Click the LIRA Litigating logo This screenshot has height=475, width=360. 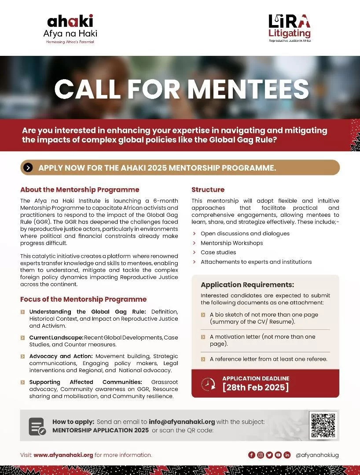point(290,28)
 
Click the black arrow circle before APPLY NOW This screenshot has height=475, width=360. point(28,168)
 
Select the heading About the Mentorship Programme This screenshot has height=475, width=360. point(80,190)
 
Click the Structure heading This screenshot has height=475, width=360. point(208,190)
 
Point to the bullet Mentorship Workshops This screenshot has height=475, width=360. point(231,243)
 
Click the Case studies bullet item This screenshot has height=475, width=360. point(218,252)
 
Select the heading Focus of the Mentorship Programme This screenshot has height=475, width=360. point(83,299)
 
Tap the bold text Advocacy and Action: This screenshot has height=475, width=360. point(61,356)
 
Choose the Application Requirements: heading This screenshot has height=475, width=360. point(247,285)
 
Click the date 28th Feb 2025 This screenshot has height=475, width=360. point(256,387)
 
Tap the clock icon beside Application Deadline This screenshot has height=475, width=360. point(208,384)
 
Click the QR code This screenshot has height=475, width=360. point(323,425)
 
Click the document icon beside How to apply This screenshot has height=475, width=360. point(37,426)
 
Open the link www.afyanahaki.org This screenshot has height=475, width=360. point(63,455)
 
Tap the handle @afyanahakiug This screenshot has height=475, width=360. point(317,455)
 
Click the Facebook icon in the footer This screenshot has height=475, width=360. point(252,455)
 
